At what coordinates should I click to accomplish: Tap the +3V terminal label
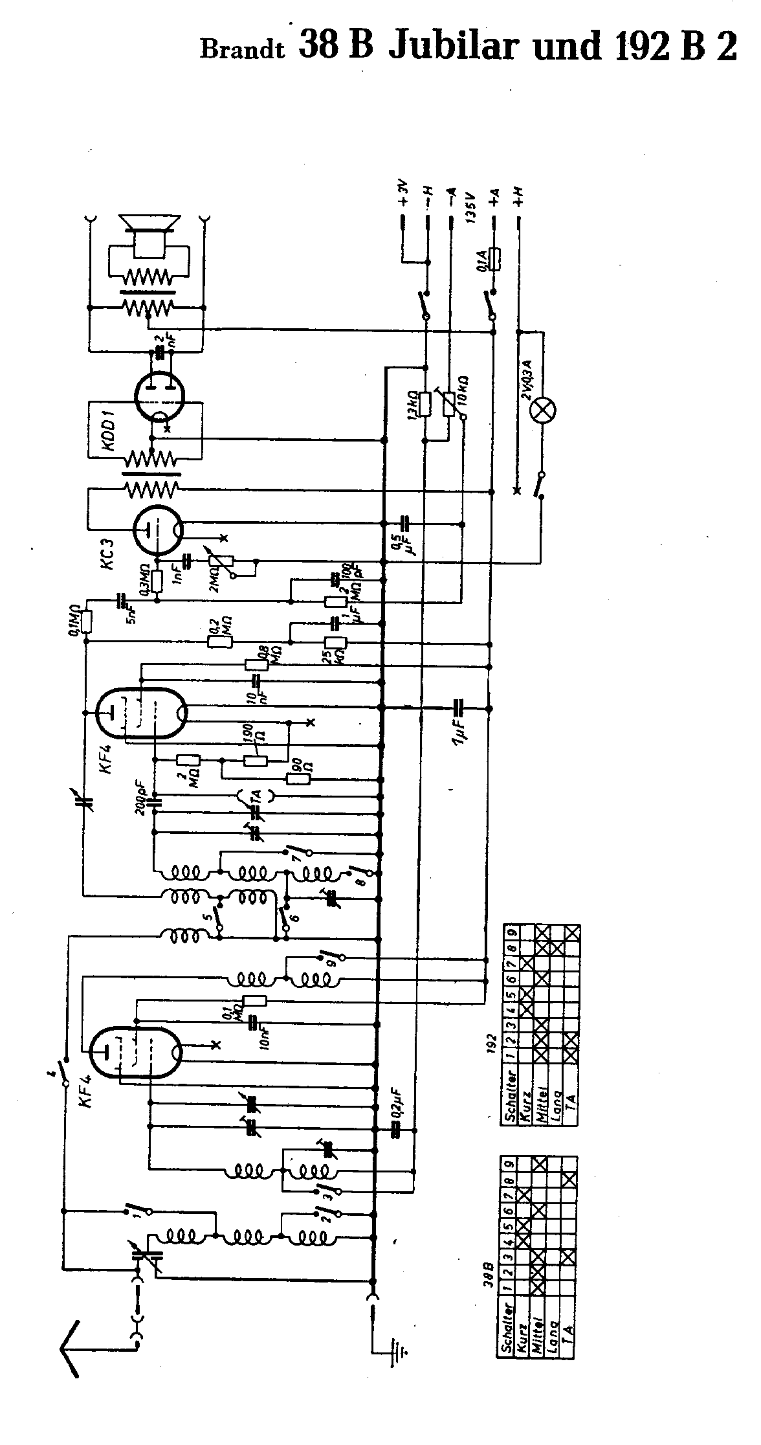click(x=403, y=192)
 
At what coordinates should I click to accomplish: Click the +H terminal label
click(x=519, y=195)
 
